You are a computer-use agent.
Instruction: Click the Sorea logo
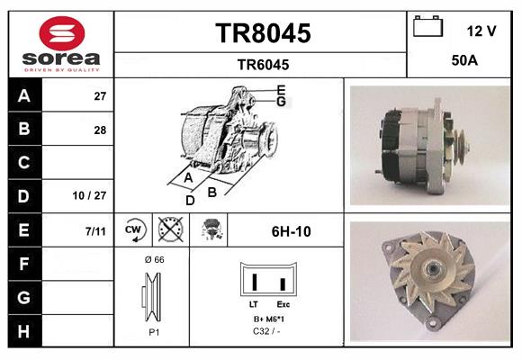tap(60, 44)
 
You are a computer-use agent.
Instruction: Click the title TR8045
tap(262, 34)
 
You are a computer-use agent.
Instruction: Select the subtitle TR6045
tap(262, 64)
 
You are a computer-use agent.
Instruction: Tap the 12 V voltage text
tap(481, 31)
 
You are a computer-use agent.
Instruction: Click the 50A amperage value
tap(463, 62)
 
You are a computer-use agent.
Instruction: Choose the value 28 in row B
tap(99, 130)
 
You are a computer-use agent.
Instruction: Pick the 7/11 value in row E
tap(95, 231)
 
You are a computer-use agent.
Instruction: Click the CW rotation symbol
tap(134, 230)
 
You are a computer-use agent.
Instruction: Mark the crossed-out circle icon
tap(170, 230)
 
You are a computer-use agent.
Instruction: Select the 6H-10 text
tap(291, 231)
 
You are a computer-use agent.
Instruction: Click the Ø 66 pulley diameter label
tap(153, 259)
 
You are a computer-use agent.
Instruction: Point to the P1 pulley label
tap(153, 331)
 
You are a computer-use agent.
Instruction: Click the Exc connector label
tap(283, 305)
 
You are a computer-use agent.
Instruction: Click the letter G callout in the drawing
tap(281, 102)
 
